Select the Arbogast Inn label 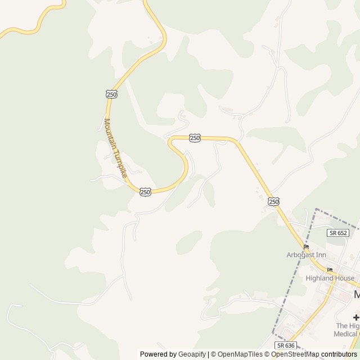tap(306, 255)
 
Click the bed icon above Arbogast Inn tap(306, 247)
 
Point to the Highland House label tap(330, 278)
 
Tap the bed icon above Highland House tap(330, 270)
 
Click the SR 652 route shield tap(338, 233)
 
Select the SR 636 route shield tap(285, 345)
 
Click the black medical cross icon tap(356, 317)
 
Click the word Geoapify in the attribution tap(192, 354)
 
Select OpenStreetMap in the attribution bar tap(296, 354)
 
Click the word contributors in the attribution tap(339, 354)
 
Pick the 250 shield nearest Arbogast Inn tap(274, 201)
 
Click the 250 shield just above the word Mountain tap(111, 94)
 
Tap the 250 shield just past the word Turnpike tap(145, 192)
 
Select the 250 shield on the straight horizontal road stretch tap(195, 138)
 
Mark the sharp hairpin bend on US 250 tap(170, 142)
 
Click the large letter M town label tap(356, 295)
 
